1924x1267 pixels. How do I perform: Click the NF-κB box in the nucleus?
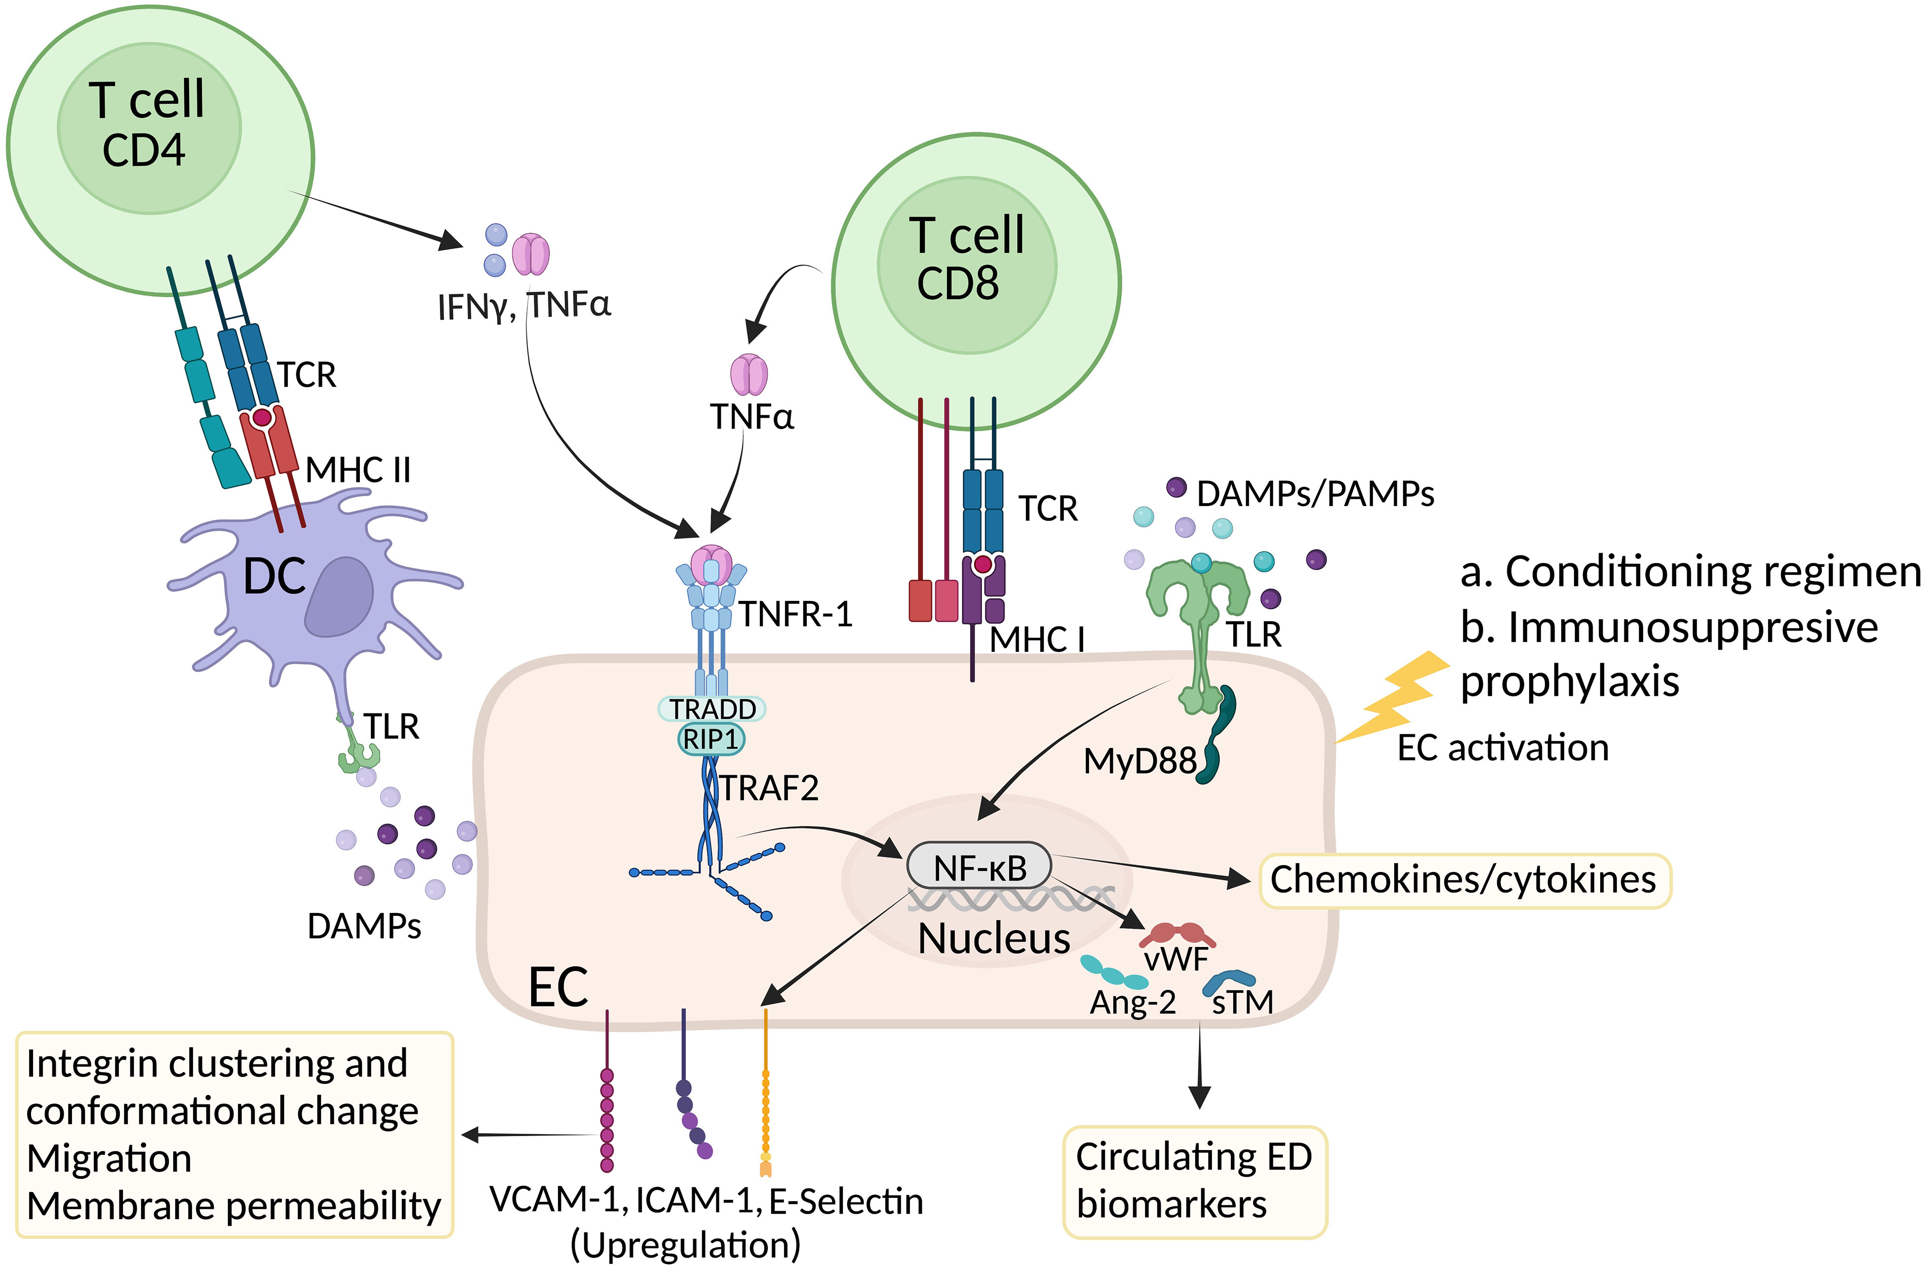[979, 868]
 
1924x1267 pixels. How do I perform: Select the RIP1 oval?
[710, 739]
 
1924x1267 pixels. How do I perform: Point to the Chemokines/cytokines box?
[1463, 880]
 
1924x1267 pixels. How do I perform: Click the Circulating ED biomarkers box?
[1193, 1181]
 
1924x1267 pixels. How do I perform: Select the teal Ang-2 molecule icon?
[1113, 973]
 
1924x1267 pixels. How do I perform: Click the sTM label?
[1243, 1003]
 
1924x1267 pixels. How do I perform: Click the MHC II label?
[358, 470]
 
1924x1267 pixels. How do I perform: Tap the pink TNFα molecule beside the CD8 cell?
[748, 374]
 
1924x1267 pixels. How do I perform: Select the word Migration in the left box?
[109, 1158]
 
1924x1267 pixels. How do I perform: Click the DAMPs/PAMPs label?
[1314, 493]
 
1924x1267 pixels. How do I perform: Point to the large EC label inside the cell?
[558, 987]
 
